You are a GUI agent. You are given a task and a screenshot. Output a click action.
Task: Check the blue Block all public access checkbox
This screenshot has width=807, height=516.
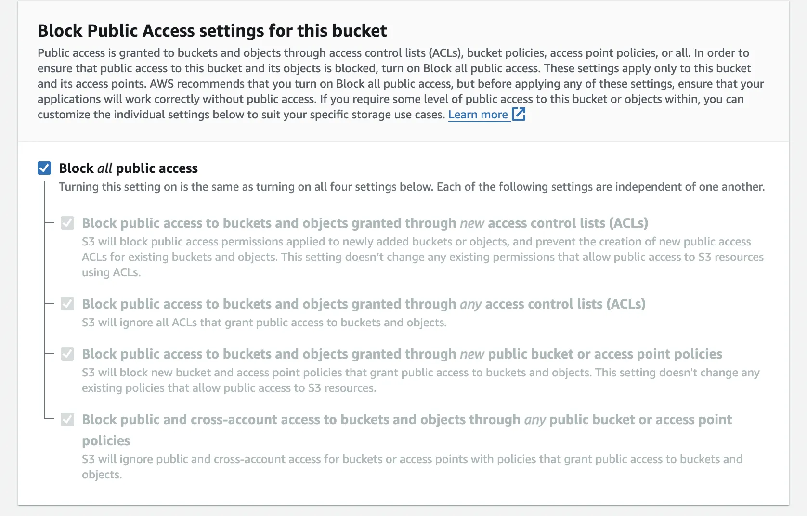[x=44, y=168]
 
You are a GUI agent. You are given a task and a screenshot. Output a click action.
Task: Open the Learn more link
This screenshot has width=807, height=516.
[x=478, y=115]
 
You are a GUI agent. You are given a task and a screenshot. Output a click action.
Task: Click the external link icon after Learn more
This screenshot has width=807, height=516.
[x=519, y=114]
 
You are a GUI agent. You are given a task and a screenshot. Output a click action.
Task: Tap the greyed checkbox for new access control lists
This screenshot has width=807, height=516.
[x=67, y=223]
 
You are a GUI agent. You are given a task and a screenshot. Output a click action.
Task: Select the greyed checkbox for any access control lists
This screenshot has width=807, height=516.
[x=67, y=304]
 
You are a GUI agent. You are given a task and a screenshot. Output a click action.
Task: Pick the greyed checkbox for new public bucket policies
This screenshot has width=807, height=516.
[x=67, y=354]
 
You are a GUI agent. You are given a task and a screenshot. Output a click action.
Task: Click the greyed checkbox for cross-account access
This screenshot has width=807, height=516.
[x=67, y=419]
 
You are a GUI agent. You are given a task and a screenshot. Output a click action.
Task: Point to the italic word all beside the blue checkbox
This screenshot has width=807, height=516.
[x=104, y=168]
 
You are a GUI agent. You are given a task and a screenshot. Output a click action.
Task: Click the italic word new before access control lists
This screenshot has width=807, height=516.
[x=472, y=223]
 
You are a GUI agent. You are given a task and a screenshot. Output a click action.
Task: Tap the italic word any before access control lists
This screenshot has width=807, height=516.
[x=470, y=304]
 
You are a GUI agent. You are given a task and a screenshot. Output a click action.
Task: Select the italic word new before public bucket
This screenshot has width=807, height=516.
[x=472, y=354]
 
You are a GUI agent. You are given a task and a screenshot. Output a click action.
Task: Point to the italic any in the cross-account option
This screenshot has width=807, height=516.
[x=535, y=420]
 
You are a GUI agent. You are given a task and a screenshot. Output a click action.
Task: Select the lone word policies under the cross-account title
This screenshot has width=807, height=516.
[x=106, y=440]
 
